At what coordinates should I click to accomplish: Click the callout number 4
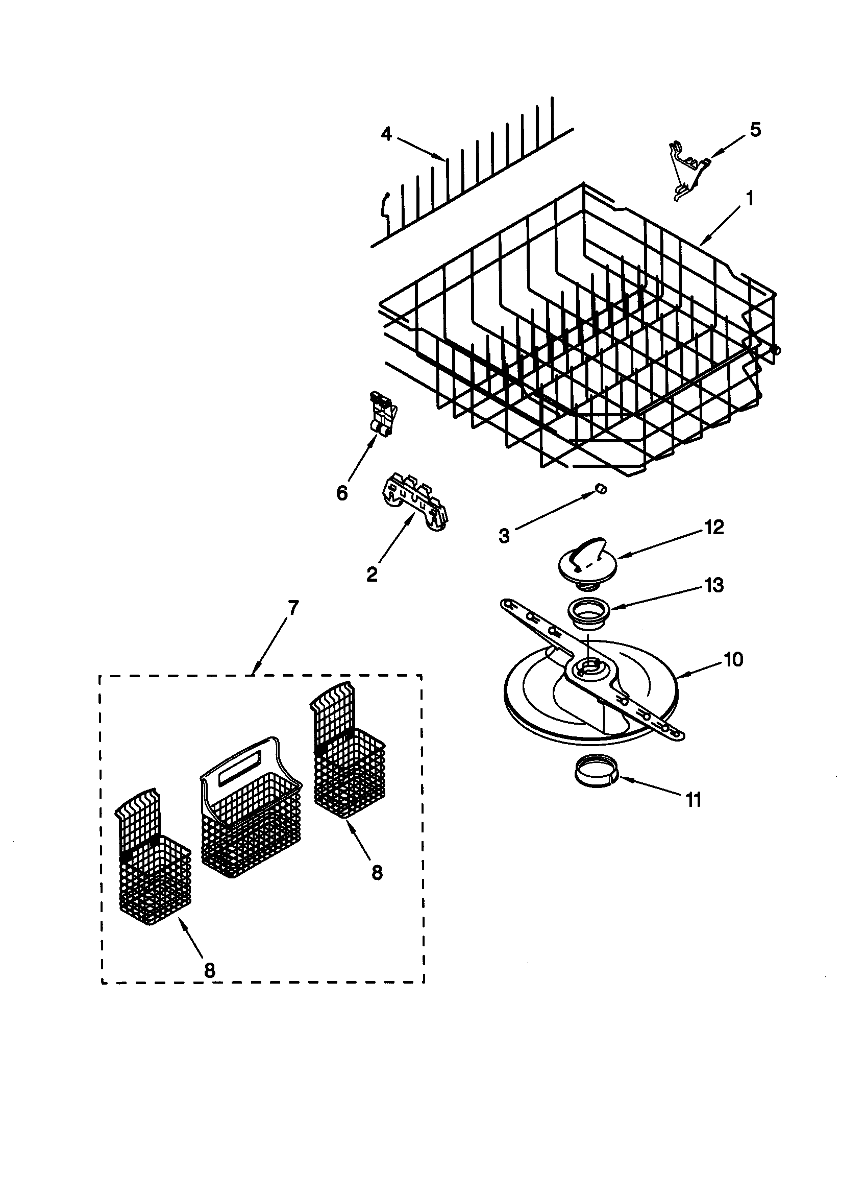tap(386, 134)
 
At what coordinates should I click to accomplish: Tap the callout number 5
tap(755, 130)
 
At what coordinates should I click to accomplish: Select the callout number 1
tap(749, 198)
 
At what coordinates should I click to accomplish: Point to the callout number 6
tap(341, 492)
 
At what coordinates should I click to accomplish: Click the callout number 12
tap(714, 528)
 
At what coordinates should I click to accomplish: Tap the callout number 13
tap(714, 585)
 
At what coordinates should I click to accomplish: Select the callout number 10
tap(733, 659)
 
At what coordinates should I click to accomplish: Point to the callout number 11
tap(694, 799)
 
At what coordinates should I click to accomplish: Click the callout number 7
tap(293, 607)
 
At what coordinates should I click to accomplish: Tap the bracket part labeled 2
tap(414, 502)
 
